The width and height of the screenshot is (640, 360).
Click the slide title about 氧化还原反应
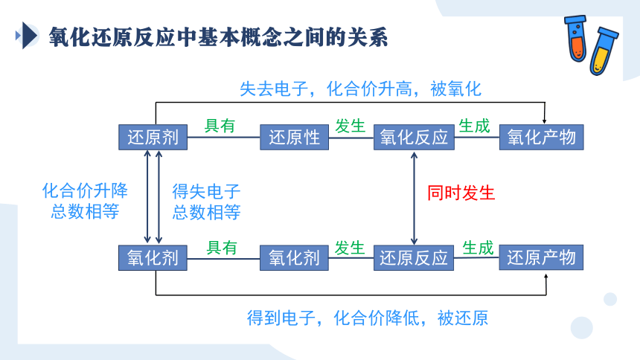218,37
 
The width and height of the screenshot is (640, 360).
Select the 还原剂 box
153,137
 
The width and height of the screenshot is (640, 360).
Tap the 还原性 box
294,137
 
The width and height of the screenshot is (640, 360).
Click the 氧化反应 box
414,137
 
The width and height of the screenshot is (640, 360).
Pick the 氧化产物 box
542,137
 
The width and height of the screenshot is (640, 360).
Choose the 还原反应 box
414,257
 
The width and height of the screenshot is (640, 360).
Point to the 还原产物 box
541,257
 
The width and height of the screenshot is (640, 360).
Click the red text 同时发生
461,193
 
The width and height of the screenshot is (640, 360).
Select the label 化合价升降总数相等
85,201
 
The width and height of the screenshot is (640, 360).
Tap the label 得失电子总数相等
206,202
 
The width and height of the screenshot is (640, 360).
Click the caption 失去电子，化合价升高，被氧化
360,89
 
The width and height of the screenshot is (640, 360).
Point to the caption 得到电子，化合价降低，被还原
368,318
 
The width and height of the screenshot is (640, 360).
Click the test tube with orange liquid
576,39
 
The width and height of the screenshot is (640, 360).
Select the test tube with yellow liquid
604,51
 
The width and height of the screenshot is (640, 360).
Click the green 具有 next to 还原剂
220,126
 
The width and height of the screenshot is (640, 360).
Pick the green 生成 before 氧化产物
474,126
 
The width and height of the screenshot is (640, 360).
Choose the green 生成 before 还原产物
478,248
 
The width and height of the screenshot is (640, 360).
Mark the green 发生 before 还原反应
349,248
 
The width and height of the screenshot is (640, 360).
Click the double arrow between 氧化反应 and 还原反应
414,198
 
